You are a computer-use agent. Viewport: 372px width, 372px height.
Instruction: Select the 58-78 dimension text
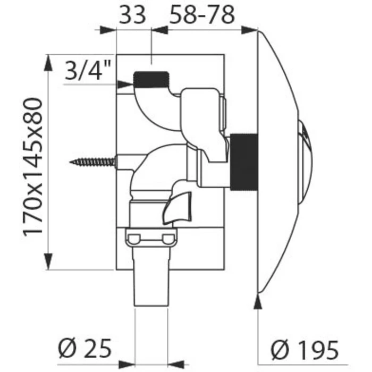[201, 14]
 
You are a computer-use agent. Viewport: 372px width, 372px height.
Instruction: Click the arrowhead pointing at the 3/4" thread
[126, 83]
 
